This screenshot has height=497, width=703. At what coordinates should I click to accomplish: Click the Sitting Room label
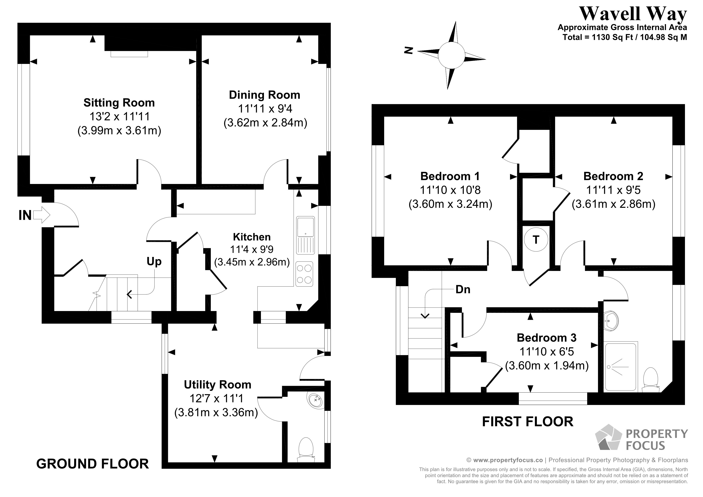pos(119,103)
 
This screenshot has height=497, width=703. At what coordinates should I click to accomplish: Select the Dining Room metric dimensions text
pos(265,123)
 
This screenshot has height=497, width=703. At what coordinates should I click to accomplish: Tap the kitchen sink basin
pos(305,227)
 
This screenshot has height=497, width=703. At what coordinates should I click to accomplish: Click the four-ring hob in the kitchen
pos(304,274)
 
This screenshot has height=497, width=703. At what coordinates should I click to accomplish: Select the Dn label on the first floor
pos(463,289)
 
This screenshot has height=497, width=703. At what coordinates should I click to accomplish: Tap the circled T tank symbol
pos(536,239)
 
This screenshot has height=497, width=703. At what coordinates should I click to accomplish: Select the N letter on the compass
pos(409,51)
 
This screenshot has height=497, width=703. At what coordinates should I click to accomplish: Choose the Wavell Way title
pos(633,14)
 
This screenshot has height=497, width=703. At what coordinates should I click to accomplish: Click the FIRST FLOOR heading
pos(528,422)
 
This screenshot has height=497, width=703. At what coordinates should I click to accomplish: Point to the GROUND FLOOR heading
pos(92,464)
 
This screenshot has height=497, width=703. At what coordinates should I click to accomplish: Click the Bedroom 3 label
pos(546,338)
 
